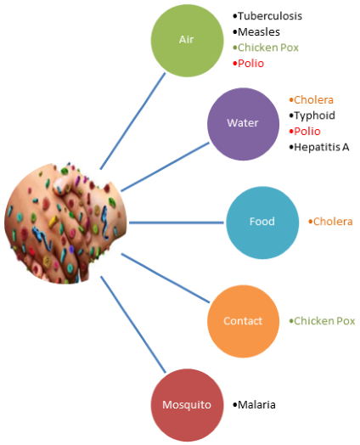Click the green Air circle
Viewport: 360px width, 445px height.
[187, 41]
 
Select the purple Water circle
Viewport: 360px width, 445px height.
[243, 124]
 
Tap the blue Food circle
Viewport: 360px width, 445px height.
[262, 222]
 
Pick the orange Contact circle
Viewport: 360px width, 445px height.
[243, 321]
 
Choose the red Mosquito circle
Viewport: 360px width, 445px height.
[187, 405]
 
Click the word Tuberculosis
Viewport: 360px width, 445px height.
[270, 16]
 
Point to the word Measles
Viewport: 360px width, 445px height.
[259, 32]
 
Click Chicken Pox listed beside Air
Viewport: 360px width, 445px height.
[268, 48]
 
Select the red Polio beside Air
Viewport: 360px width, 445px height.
[250, 64]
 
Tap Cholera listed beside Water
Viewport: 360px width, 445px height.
[313, 100]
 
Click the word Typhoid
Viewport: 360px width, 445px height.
[314, 115]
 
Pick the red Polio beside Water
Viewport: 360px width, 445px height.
[307, 132]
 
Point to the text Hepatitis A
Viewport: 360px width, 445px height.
[322, 147]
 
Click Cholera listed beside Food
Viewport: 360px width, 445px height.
[333, 222]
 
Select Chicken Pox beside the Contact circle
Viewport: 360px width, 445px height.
[324, 321]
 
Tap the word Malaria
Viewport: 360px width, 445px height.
[256, 405]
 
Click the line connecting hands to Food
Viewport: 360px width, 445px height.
[177, 222]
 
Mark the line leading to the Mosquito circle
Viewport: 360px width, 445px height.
[133, 324]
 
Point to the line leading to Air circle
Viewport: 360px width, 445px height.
[132, 121]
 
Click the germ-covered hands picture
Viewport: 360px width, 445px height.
[65, 223]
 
